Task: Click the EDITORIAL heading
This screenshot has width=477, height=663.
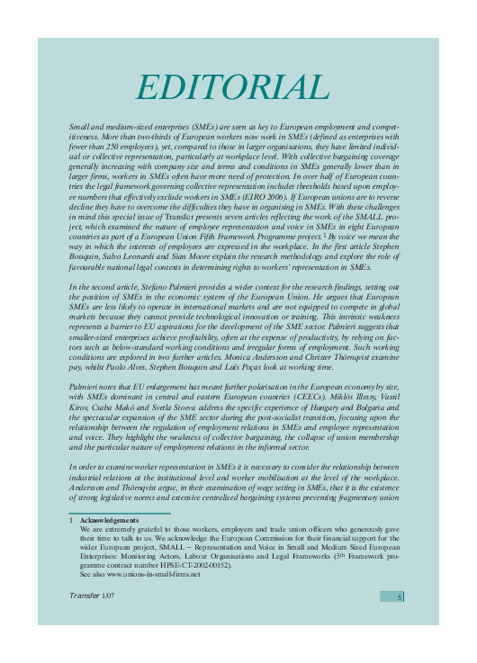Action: [x=232, y=87]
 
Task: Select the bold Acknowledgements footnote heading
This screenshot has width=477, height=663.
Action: [x=109, y=521]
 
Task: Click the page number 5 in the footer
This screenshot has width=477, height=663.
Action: [x=398, y=596]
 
